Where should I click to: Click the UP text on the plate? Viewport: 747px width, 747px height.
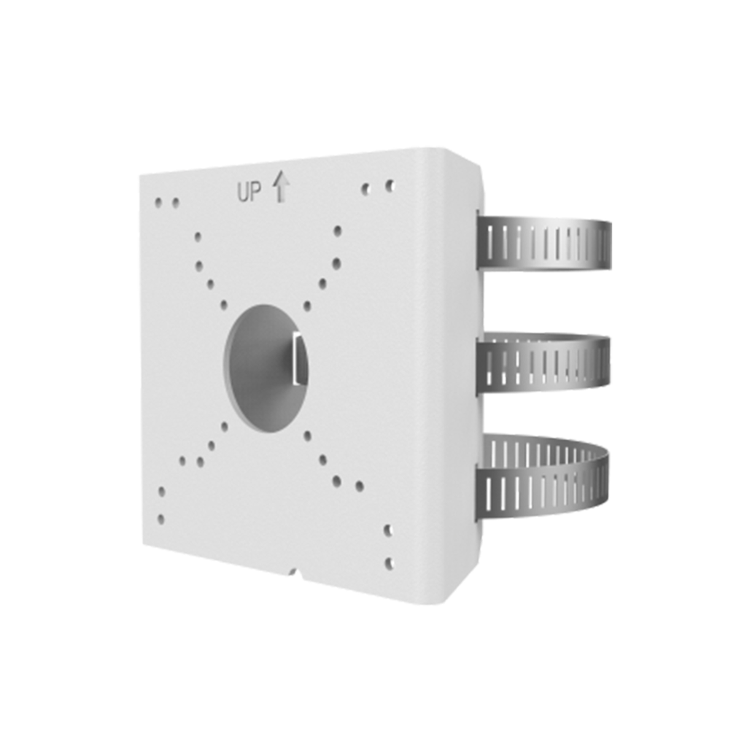coord(249,193)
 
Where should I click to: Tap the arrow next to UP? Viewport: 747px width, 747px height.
coord(281,186)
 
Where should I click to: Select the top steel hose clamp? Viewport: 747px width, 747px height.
coord(546,244)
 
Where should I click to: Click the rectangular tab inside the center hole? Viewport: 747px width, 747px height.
coord(298,357)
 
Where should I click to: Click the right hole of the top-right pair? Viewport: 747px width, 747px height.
coord(390,185)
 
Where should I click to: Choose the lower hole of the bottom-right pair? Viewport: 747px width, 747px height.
coord(388,563)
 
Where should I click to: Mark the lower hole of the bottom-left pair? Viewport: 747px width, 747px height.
coord(160,519)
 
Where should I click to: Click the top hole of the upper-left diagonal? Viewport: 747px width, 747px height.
coord(198,237)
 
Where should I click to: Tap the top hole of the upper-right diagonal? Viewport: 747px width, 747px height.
coord(337,231)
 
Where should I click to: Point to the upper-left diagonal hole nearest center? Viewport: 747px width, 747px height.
coord(223,305)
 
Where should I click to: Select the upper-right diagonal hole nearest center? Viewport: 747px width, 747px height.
coord(307,306)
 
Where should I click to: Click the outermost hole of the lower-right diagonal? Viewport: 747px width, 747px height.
coord(359,486)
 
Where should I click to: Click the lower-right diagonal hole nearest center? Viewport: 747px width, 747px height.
coord(307,436)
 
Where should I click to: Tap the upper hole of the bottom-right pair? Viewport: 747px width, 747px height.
coord(388,530)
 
